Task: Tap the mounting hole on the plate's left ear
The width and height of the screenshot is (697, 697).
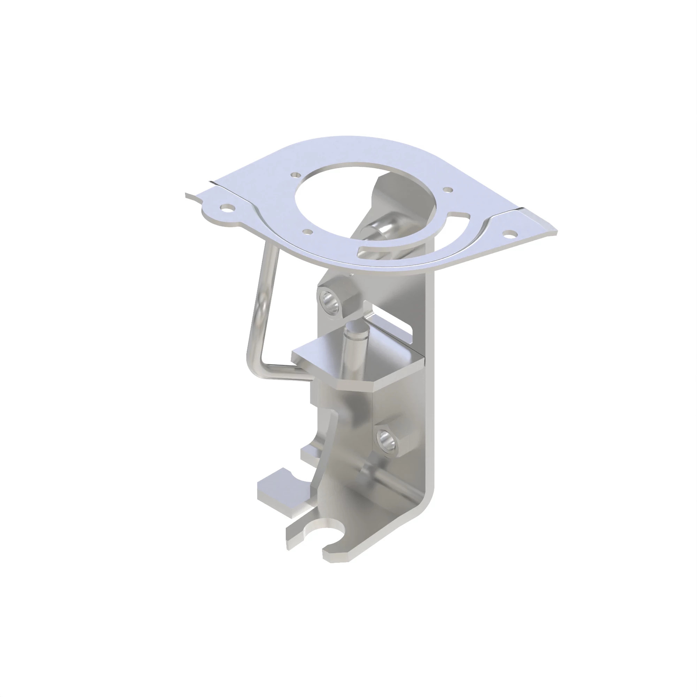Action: [x=228, y=208]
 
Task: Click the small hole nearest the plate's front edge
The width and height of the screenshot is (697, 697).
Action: [x=307, y=231]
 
